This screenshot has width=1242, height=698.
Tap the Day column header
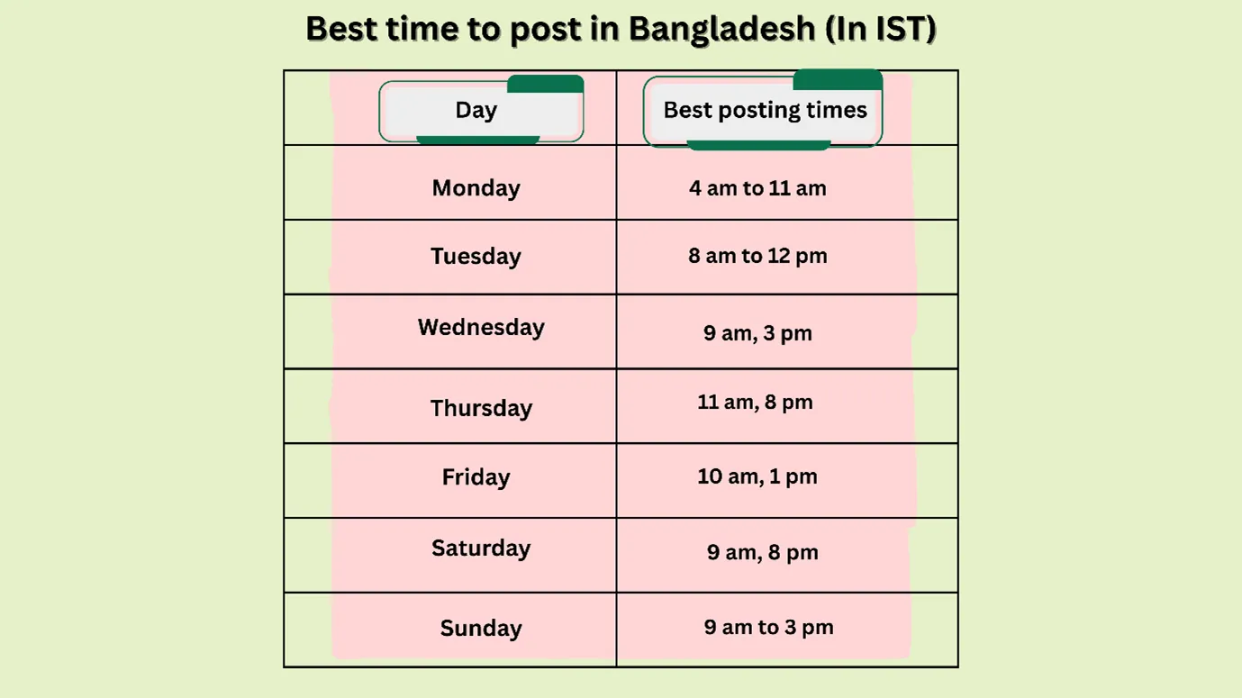click(x=476, y=110)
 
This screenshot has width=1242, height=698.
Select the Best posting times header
click(x=765, y=110)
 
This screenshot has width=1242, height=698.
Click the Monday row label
click(x=476, y=188)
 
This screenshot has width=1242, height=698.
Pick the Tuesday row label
click(x=476, y=257)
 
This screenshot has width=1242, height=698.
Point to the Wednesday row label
click(x=481, y=327)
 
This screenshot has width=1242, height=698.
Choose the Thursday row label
click(x=481, y=408)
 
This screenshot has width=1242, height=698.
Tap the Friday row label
click(x=476, y=477)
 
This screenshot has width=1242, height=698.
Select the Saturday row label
click(x=481, y=548)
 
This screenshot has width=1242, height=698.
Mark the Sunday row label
click(x=481, y=629)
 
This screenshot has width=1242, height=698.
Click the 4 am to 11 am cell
click(x=757, y=188)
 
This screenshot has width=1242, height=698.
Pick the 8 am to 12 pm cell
click(x=757, y=257)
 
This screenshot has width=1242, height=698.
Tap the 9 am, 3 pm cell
click(x=757, y=333)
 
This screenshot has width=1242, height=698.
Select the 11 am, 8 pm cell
click(x=755, y=403)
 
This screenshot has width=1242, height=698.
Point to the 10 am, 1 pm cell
click(x=757, y=477)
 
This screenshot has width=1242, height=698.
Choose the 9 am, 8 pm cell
click(x=762, y=553)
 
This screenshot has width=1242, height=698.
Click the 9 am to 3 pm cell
click(x=768, y=628)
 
